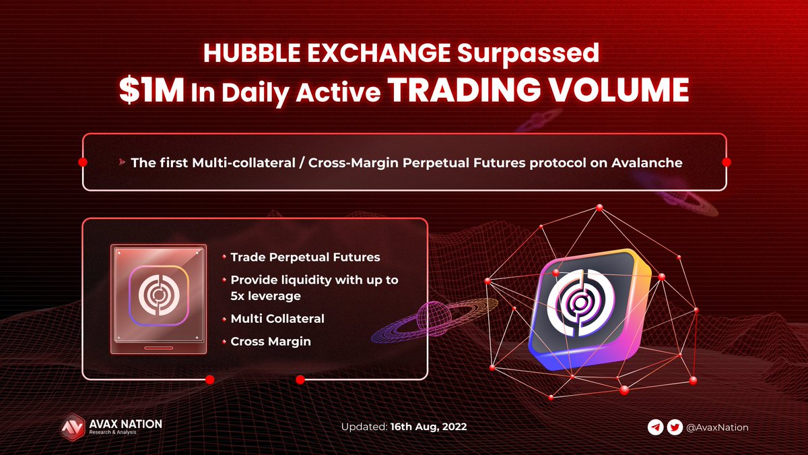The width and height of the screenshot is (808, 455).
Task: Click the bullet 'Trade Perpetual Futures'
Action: [305, 257]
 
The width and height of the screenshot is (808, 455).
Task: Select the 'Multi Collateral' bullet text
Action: [277, 318]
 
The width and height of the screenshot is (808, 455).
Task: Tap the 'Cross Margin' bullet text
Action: [271, 341]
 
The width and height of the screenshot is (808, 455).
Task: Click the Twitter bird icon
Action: [675, 427]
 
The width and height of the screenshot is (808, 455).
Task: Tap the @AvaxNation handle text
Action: [717, 427]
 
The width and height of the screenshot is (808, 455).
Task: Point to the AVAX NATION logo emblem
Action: [71, 427]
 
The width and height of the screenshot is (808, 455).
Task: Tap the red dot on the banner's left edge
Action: [83, 162]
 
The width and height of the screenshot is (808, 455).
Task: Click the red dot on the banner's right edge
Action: [727, 162]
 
